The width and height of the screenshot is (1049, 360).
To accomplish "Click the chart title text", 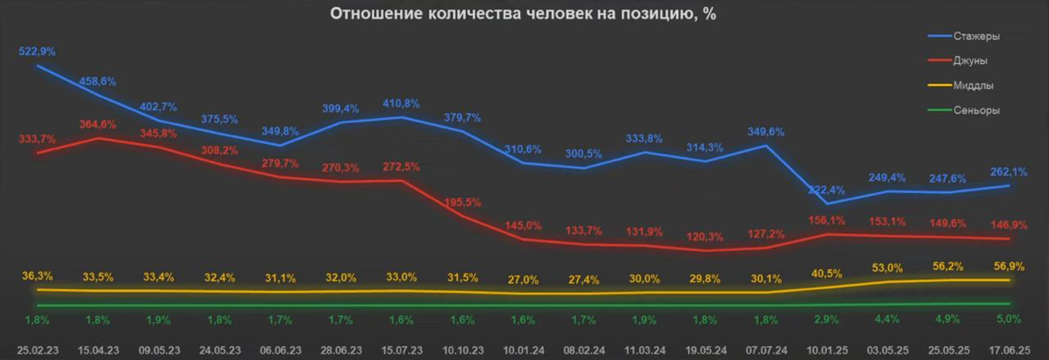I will coord(524,15).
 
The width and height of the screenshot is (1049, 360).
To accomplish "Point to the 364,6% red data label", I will coord(97,124).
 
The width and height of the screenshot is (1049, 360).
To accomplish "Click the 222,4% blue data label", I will coord(826,190).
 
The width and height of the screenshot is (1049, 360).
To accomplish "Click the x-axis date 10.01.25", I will coord(826,350).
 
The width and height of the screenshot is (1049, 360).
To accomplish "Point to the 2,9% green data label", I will coord(826,318).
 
